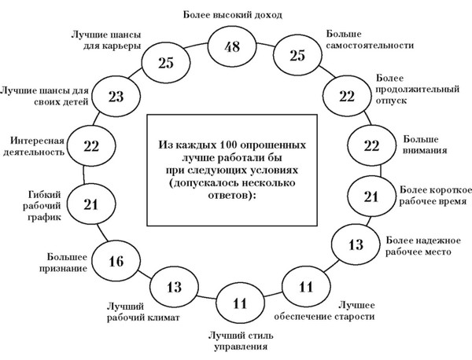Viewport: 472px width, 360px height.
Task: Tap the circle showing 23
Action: [117, 98]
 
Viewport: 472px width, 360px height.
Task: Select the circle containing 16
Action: [116, 262]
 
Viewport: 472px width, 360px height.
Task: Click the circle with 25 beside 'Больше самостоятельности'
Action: [297, 57]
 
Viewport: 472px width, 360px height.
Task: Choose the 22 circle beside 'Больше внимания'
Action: [371, 145]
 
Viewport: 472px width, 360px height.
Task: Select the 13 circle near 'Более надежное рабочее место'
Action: [356, 244]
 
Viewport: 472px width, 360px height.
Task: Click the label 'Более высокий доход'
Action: [232, 14]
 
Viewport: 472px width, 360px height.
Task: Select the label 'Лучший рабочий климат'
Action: [144, 312]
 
